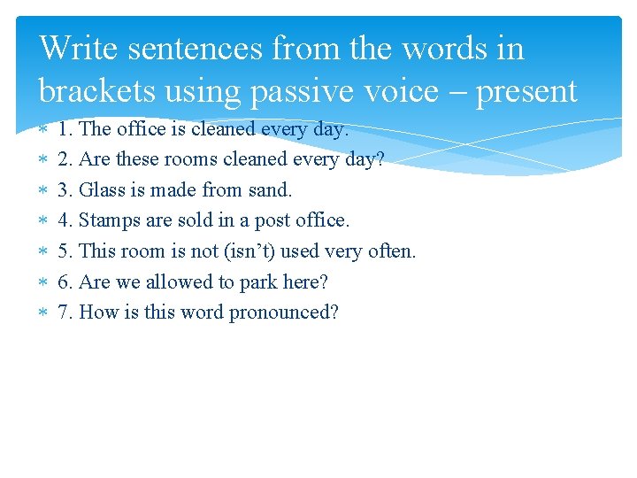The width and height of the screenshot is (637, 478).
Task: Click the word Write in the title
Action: tap(79, 48)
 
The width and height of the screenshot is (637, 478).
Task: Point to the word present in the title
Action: tap(526, 90)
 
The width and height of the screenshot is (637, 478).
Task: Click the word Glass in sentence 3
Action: tap(100, 189)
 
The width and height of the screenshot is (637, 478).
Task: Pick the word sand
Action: tap(270, 189)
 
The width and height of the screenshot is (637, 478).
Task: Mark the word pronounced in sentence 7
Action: tap(283, 312)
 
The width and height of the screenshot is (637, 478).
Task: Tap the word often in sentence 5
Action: tap(392, 251)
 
